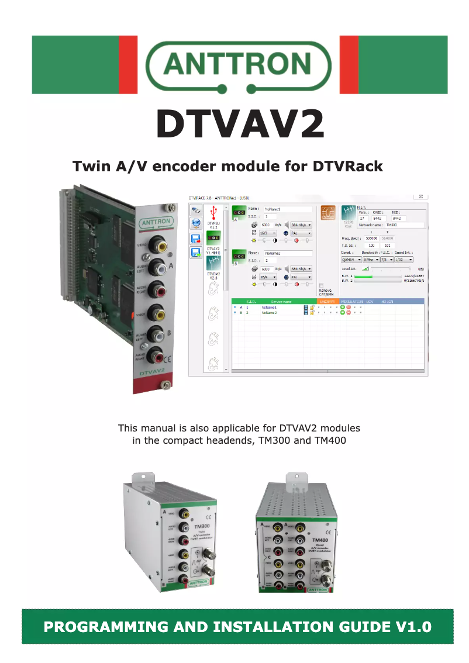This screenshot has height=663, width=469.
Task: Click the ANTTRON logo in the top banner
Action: tap(238, 64)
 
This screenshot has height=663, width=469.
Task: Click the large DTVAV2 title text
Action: tap(240, 125)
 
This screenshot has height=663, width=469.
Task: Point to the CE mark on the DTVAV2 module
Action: tap(167, 359)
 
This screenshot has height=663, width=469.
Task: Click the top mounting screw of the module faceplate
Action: tap(168, 207)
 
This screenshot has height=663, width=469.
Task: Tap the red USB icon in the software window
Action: tap(212, 212)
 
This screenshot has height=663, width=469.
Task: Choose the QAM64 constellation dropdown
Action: tap(351, 259)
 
